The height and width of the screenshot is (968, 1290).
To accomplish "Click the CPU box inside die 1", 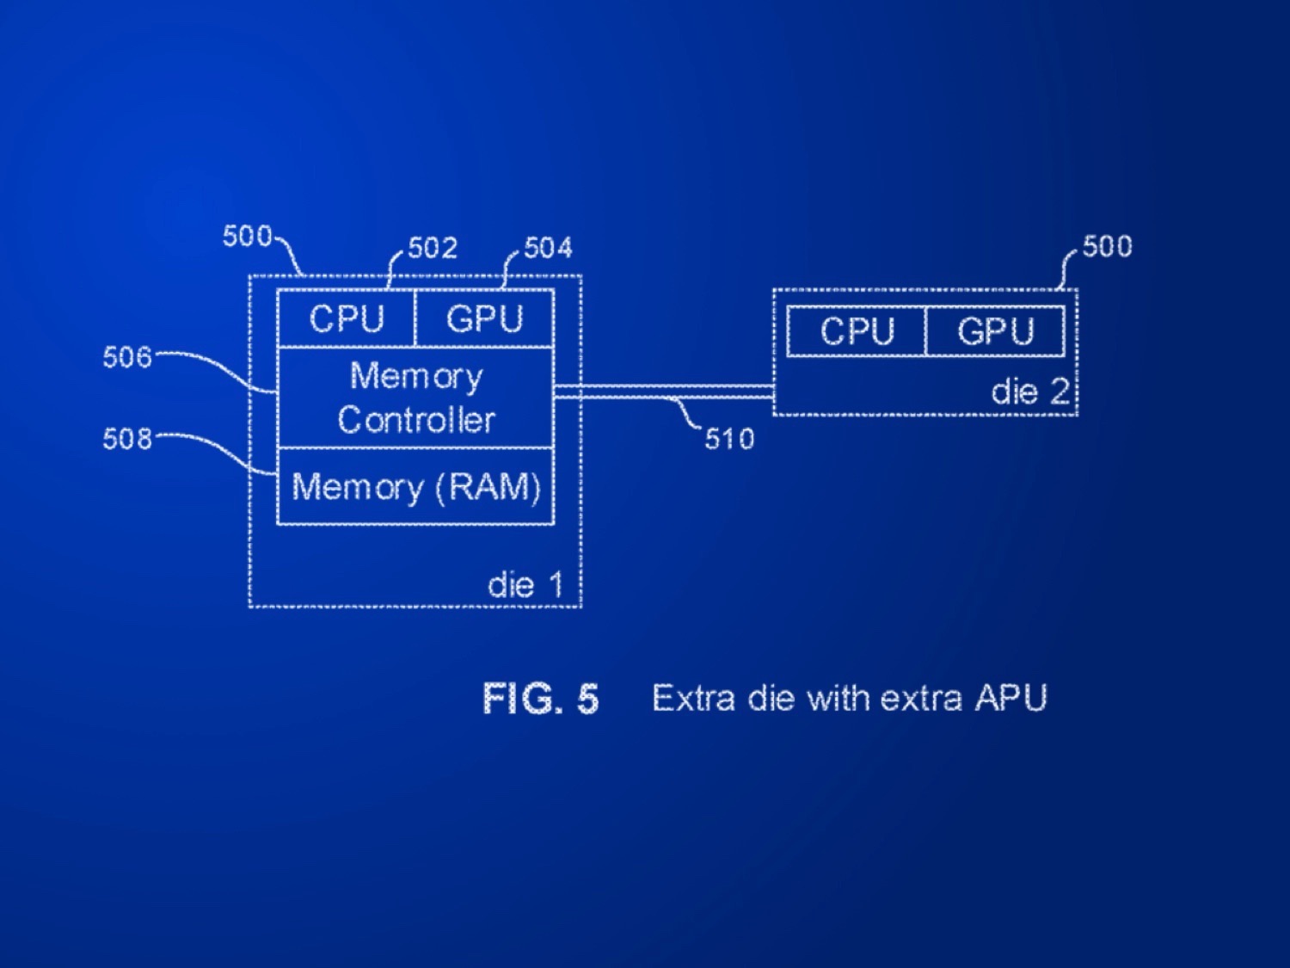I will pyautogui.click(x=347, y=319).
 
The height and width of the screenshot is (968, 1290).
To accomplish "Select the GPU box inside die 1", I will pyautogui.click(x=484, y=319).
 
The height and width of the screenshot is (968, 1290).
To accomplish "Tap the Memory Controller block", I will pyautogui.click(x=415, y=398).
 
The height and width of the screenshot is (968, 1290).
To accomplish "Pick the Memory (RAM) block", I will pyautogui.click(x=415, y=487).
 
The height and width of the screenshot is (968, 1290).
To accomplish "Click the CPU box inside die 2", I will pyautogui.click(x=857, y=331).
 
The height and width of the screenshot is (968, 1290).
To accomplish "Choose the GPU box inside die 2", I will pyautogui.click(x=995, y=331).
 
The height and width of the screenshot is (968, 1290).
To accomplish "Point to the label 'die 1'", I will pyautogui.click(x=525, y=586).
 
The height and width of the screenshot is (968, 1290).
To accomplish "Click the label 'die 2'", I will pyautogui.click(x=1029, y=392).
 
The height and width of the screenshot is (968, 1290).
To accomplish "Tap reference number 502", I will pyautogui.click(x=433, y=249).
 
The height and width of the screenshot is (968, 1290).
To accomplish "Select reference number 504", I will pyautogui.click(x=548, y=249).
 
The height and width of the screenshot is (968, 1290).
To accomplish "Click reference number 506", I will pyautogui.click(x=126, y=357).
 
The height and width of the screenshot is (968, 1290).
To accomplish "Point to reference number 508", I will pyautogui.click(x=126, y=439).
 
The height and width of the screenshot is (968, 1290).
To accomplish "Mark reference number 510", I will pyautogui.click(x=729, y=440).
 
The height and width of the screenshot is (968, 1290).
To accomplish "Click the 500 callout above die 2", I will pyautogui.click(x=1107, y=247).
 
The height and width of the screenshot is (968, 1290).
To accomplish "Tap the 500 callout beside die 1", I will pyautogui.click(x=247, y=236).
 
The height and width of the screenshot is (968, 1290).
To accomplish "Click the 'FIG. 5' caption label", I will pyautogui.click(x=540, y=698).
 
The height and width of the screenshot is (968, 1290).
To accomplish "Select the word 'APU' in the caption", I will pyautogui.click(x=1010, y=698).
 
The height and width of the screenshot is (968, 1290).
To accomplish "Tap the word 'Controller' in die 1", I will pyautogui.click(x=416, y=420).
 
